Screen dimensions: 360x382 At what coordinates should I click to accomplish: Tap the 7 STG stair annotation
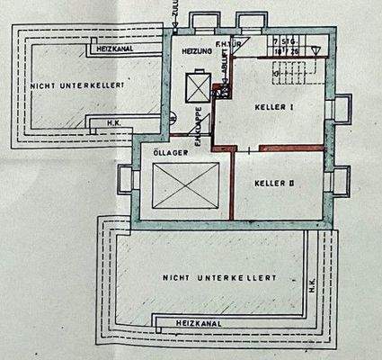point(287,42)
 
